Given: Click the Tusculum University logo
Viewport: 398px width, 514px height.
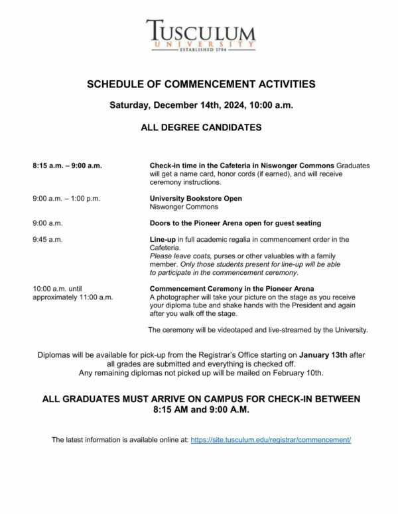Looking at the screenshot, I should [x=200, y=34].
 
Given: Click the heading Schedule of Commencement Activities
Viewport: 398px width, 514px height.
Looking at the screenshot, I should [x=201, y=84].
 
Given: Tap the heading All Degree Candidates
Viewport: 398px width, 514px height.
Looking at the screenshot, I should [x=201, y=127].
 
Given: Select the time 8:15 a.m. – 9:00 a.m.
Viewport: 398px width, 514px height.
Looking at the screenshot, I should [x=66, y=165].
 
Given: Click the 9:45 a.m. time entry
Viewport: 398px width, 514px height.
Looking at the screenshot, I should [x=47, y=240].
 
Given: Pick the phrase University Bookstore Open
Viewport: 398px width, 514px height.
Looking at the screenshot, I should [x=196, y=199].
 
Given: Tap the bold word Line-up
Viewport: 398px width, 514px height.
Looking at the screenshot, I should [x=164, y=240].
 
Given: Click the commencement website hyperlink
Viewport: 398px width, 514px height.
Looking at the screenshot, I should [x=271, y=440].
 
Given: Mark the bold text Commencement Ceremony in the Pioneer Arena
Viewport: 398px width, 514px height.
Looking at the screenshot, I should [x=232, y=289].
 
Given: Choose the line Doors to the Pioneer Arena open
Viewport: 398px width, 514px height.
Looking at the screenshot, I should [x=235, y=223].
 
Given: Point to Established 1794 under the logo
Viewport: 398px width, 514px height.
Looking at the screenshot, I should [x=200, y=50].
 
